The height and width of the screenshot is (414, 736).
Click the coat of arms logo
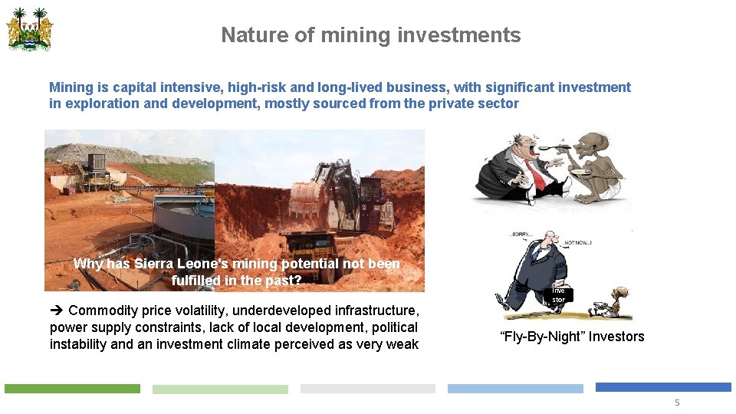30,30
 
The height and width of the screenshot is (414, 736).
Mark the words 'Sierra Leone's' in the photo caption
176,264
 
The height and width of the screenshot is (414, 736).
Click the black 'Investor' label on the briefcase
559,295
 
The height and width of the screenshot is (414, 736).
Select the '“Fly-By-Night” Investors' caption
572,337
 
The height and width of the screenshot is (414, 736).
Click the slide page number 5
676,402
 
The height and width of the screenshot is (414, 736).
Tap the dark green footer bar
72,389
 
